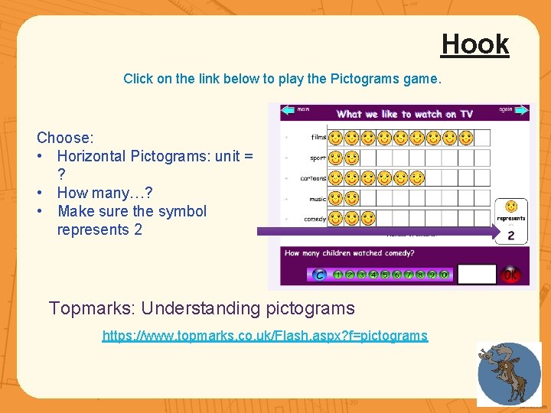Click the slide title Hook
[474, 44]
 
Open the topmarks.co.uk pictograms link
[265, 335]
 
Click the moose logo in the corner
[508, 374]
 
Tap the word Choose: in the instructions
[65, 138]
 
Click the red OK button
[510, 274]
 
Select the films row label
[318, 138]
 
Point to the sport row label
[318, 158]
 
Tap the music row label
[317, 199]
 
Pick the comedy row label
[315, 219]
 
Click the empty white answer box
[476, 274]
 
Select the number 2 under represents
[511, 236]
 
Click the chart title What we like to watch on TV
[405, 114]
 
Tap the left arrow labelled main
[289, 110]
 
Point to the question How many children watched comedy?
[348, 253]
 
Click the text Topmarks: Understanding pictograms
[202, 308]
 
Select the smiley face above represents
[511, 206]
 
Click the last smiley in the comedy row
[368, 219]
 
